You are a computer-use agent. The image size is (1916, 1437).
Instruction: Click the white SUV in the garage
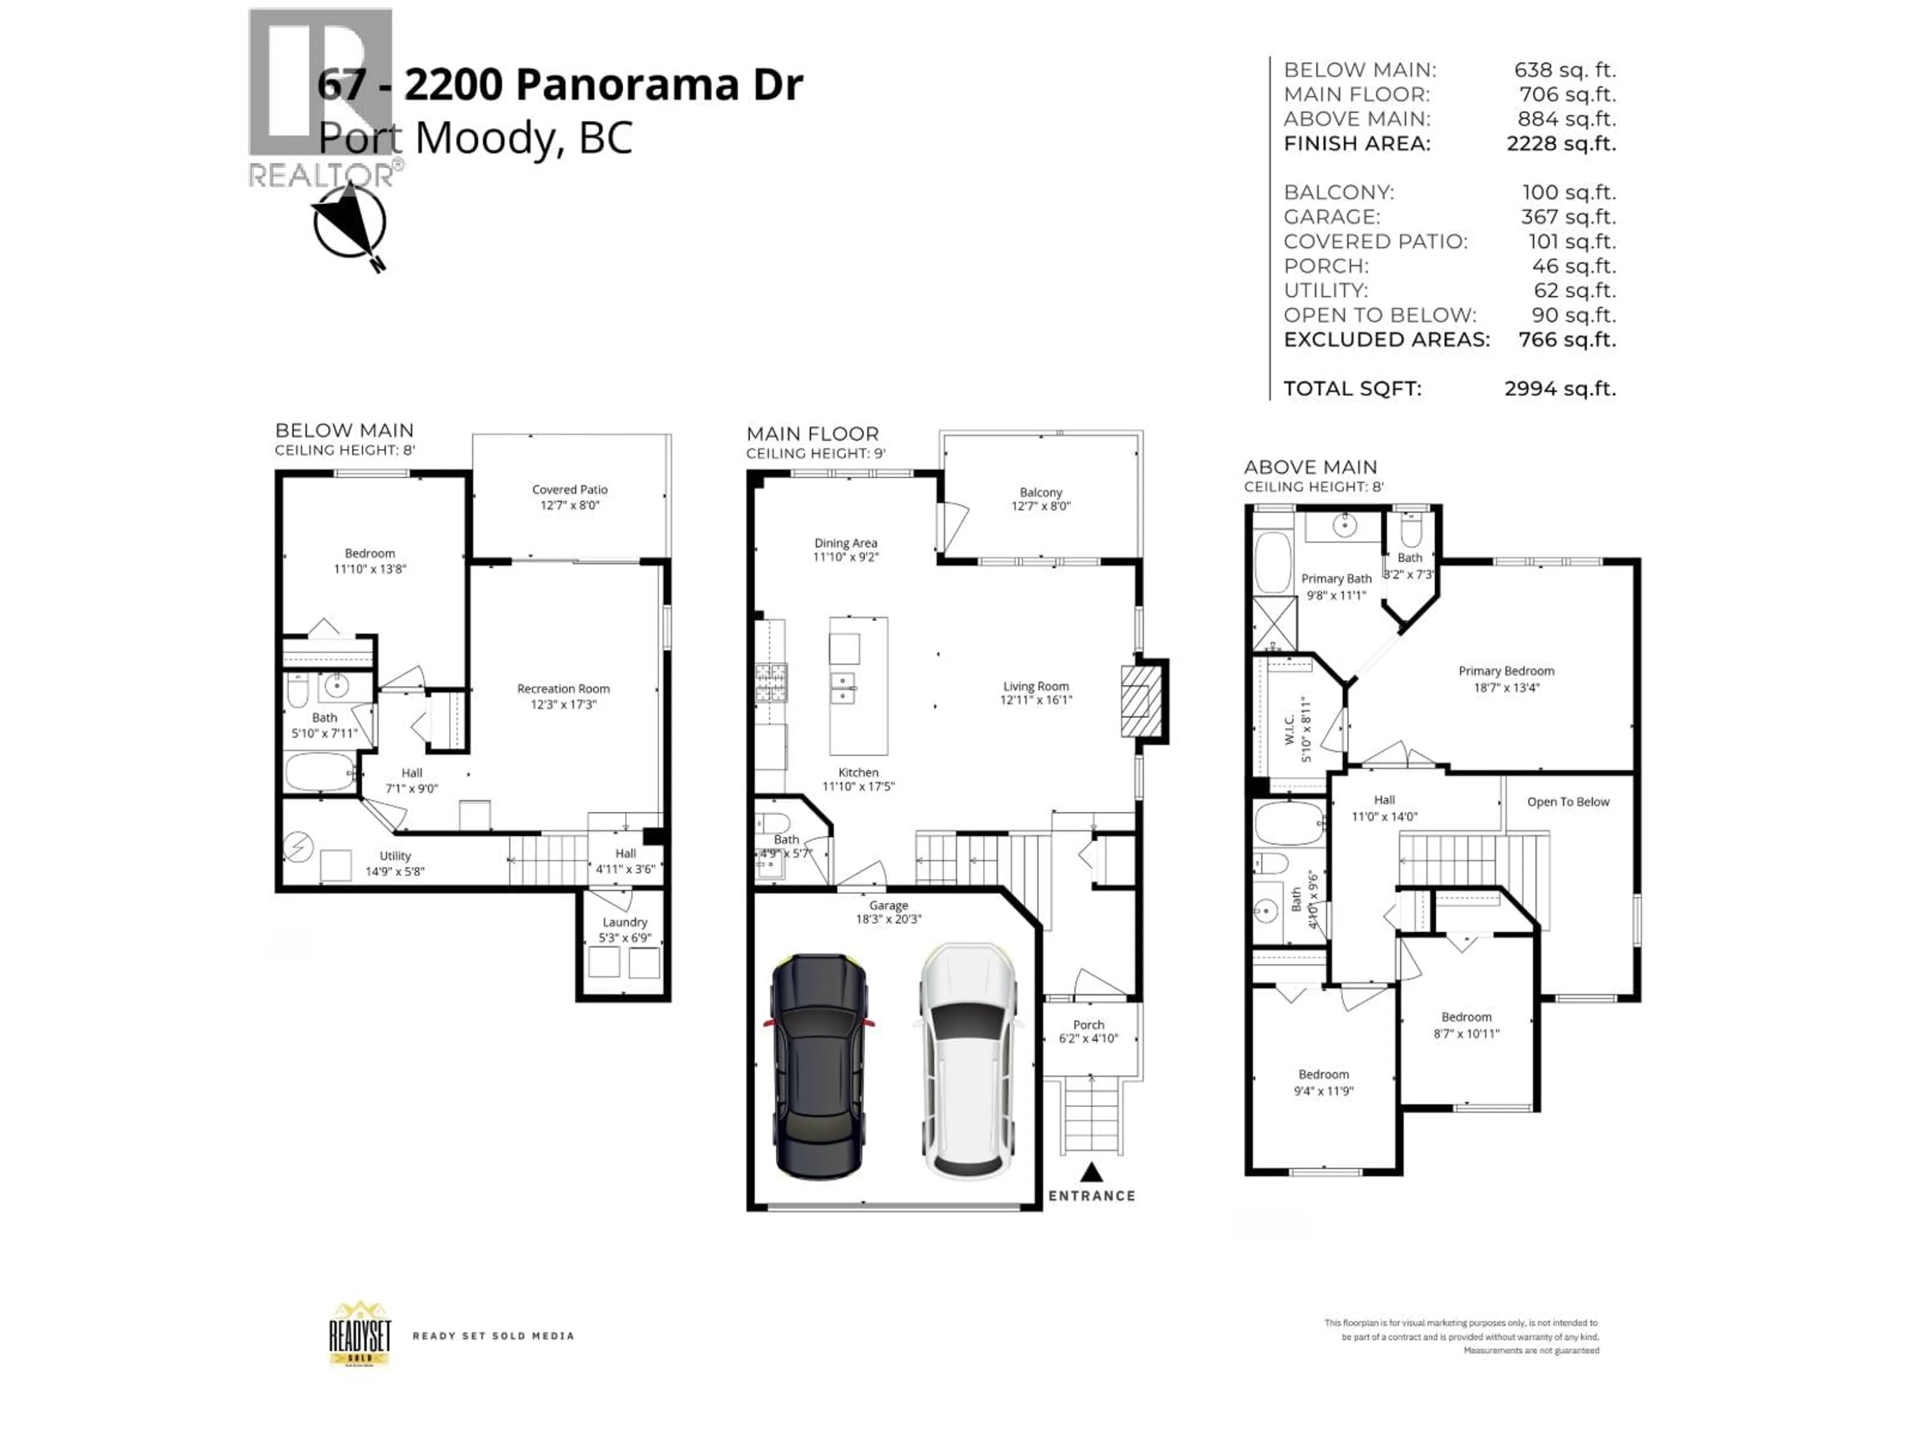tap(967, 1061)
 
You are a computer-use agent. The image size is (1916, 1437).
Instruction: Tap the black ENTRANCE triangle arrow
tap(1091, 1173)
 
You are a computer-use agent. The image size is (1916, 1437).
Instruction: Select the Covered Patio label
tap(569, 489)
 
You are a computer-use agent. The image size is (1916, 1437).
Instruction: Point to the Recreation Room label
tap(563, 689)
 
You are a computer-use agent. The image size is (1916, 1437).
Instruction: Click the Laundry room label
tap(625, 923)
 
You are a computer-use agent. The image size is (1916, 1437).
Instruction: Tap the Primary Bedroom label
tap(1505, 671)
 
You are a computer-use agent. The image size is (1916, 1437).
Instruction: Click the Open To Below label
tap(1568, 802)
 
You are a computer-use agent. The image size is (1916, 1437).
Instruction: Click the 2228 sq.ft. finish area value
tap(1561, 144)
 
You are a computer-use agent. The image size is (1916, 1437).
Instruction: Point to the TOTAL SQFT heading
tap(1352, 389)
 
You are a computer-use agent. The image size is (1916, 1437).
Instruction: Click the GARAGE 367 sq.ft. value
tap(1568, 218)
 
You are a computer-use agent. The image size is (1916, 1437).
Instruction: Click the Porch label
tap(1088, 1025)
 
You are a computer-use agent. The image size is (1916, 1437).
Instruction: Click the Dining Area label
tap(845, 543)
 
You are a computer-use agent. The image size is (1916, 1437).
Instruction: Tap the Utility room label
tap(395, 856)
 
